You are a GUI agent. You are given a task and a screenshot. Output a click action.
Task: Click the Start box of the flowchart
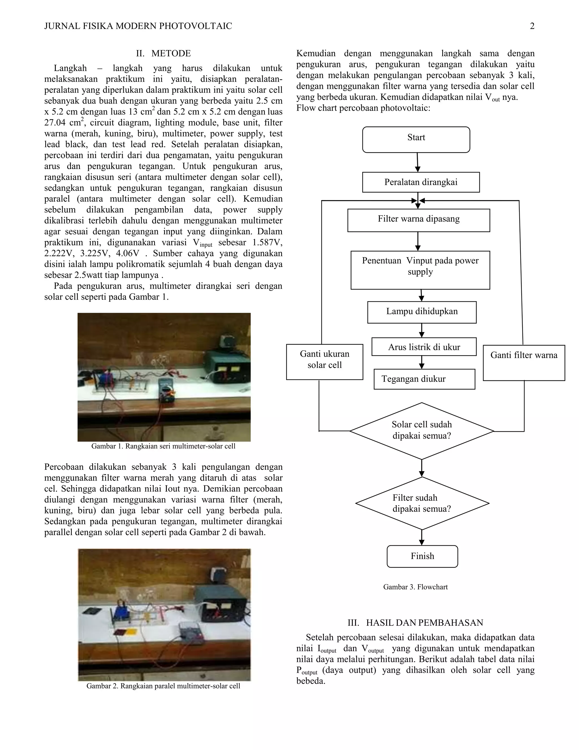416,140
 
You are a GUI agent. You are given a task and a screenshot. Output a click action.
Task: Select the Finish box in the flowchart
422,556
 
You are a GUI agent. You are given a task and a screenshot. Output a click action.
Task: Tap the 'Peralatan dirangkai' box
421,182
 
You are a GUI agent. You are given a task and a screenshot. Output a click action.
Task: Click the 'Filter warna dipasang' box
418,220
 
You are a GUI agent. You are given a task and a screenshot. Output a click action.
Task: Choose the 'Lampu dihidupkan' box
422,312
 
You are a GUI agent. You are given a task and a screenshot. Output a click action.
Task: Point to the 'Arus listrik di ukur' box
424,347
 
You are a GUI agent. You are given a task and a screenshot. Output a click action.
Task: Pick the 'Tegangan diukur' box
424,379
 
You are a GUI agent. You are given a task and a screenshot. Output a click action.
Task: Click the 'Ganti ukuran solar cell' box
325,362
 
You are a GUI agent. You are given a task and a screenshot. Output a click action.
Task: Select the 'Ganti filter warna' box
524,363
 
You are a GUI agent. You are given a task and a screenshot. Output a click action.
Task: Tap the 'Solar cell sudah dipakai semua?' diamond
422,431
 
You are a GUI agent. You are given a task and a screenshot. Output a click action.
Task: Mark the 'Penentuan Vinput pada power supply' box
420,270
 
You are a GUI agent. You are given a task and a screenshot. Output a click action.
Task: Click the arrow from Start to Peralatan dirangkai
418,162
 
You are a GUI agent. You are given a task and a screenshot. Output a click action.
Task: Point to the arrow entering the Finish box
422,537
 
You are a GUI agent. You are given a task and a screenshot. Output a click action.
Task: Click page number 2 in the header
532,26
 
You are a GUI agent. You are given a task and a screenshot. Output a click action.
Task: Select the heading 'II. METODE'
163,53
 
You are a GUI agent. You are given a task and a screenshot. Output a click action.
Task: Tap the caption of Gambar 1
163,446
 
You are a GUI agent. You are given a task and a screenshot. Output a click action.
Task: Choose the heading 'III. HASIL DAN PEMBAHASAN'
415,623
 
